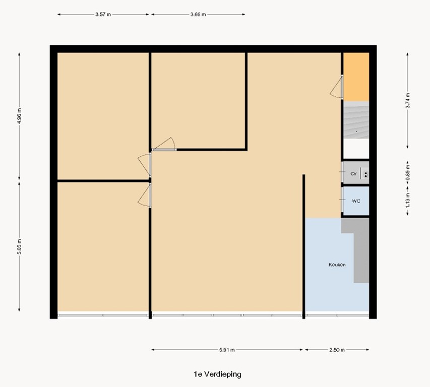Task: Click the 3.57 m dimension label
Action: tap(102, 15)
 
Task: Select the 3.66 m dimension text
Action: tap(198, 15)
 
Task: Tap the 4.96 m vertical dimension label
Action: tap(20, 115)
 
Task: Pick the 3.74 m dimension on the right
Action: tap(408, 100)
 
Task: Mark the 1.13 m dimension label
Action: tap(408, 201)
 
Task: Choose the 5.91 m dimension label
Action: tap(227, 350)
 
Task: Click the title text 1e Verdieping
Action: tap(217, 374)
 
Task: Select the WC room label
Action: tap(356, 201)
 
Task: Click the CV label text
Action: tap(354, 174)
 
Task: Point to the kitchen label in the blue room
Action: tap(337, 265)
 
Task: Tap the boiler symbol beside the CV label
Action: tap(365, 174)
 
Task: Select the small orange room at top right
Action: tap(356, 77)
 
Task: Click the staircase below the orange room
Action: tap(356, 120)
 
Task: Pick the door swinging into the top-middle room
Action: tap(164, 145)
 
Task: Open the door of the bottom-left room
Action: tap(145, 195)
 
